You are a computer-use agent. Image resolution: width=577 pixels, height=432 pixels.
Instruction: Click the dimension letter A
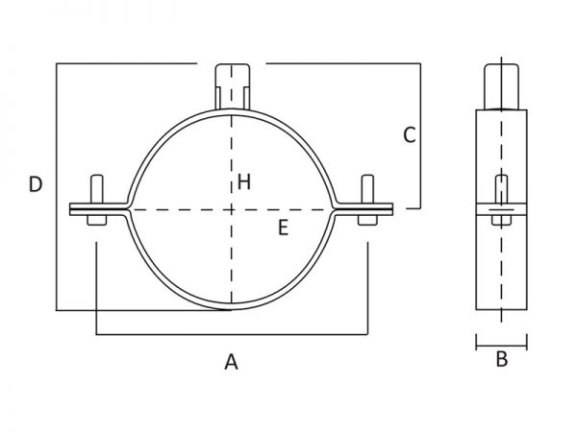231,362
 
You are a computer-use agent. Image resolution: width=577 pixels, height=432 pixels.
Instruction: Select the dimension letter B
502,359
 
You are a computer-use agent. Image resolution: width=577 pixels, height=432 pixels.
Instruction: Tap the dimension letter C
410,134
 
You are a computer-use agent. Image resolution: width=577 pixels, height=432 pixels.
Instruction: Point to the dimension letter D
36,184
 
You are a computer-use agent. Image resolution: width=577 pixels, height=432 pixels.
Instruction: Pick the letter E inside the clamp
283,228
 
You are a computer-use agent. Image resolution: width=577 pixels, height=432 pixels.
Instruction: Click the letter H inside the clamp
244,181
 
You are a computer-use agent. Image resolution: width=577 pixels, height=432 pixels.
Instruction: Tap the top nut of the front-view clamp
233,86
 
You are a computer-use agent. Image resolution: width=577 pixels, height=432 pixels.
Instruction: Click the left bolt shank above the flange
97,189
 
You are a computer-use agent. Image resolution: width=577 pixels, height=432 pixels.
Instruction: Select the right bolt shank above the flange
367,189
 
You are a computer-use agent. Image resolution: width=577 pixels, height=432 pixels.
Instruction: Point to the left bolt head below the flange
97,220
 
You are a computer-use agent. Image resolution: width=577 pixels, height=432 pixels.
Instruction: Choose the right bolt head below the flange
367,220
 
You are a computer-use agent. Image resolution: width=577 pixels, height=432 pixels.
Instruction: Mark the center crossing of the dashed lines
232,210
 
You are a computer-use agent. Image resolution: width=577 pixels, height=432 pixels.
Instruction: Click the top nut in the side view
501,86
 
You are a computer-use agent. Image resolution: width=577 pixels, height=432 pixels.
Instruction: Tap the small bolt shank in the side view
501,189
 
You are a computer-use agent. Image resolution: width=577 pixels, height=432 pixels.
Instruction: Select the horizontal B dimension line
502,346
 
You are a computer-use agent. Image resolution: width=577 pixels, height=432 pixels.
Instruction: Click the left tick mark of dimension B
476,342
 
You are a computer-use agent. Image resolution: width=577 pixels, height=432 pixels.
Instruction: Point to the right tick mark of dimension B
527,342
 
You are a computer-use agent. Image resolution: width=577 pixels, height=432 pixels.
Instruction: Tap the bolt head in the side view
501,220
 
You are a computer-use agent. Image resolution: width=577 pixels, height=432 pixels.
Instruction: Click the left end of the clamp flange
70,209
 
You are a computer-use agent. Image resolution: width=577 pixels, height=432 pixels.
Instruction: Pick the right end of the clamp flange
392,209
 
